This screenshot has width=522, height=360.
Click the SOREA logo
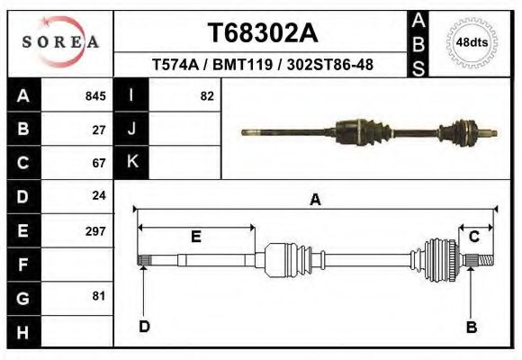click(x=60, y=41)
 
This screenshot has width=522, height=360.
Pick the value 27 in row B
click(x=99, y=130)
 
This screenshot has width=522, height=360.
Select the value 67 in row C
click(x=99, y=163)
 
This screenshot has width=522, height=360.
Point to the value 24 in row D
click(x=99, y=195)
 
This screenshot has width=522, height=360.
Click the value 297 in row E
click(x=95, y=230)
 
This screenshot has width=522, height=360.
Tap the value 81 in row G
click(x=99, y=296)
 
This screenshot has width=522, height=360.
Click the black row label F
click(x=22, y=265)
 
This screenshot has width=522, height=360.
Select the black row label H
click(x=22, y=331)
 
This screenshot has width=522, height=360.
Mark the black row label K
click(x=131, y=162)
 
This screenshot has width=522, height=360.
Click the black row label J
click(x=131, y=130)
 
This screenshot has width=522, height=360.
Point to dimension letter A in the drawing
click(x=315, y=200)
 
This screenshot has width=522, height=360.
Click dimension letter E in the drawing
click(x=195, y=237)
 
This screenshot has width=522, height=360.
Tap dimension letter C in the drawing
click(x=473, y=237)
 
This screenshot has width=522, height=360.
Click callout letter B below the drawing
click(x=471, y=327)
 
